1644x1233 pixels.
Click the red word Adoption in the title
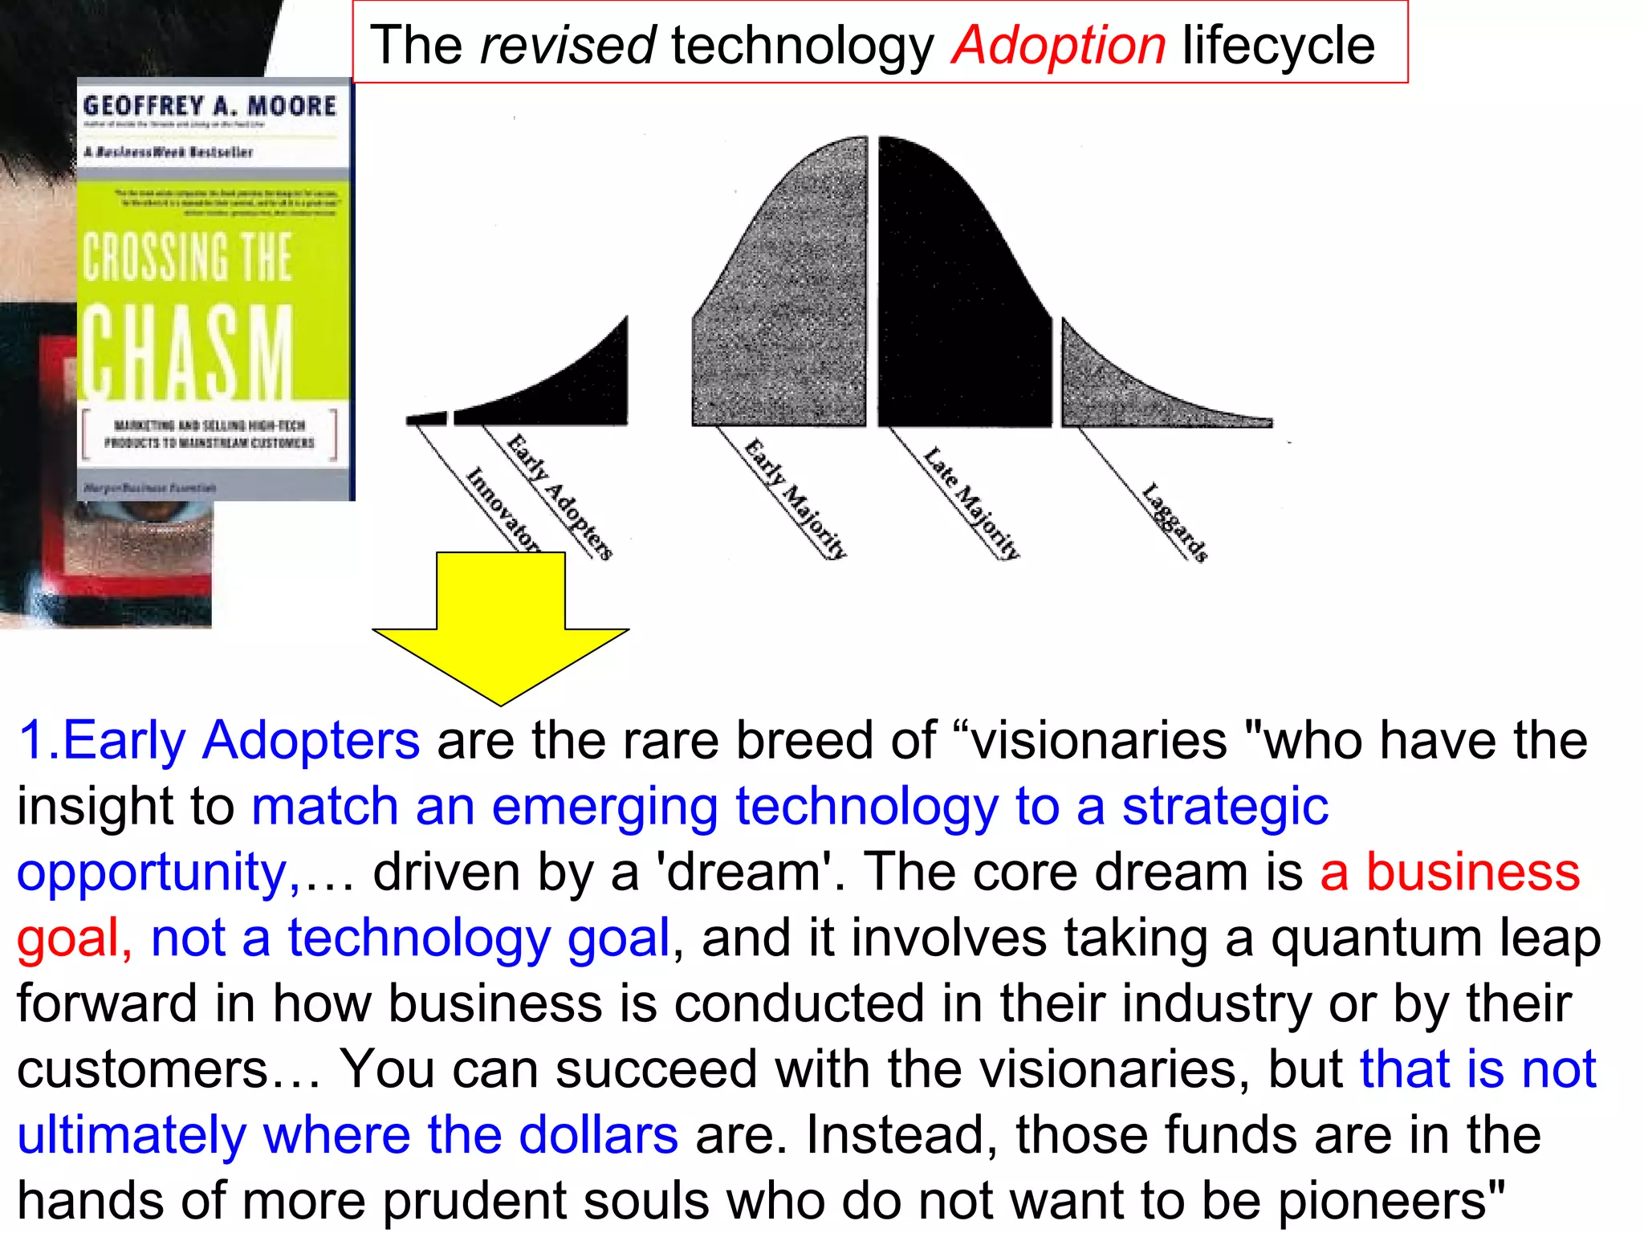pos(1058,45)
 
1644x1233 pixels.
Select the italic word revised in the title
pos(568,45)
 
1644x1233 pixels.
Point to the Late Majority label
pos(971,503)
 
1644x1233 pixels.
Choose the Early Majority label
pos(796,498)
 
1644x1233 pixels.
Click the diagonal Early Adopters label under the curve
pos(560,496)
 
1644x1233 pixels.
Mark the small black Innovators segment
pos(426,418)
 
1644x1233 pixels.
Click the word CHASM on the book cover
pos(188,352)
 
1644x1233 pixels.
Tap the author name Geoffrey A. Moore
pos(210,105)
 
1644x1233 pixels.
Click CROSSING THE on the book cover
pos(188,257)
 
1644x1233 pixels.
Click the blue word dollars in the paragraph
pos(598,1134)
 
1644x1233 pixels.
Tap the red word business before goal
pos(1473,872)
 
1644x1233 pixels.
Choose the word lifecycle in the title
pos(1278,45)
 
